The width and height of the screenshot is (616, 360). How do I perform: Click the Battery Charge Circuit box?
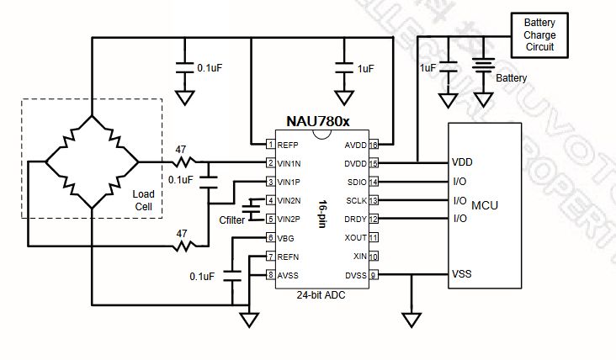pos(539,35)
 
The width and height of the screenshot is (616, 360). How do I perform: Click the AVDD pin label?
pos(354,144)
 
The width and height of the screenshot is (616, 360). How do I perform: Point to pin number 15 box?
pos(373,162)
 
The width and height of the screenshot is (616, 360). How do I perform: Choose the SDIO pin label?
pos(356,181)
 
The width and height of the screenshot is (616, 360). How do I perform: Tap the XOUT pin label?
pos(355,237)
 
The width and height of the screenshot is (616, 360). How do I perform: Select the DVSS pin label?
pos(355,274)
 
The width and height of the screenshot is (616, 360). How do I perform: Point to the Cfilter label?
pos(232,220)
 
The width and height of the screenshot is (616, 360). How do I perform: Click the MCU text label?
pos(508,205)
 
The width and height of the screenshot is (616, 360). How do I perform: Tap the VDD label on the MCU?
pos(462,162)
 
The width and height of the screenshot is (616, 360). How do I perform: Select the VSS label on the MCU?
pos(461,274)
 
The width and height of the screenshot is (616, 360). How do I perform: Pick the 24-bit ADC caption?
pos(320,296)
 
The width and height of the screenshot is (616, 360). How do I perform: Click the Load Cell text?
pos(144,200)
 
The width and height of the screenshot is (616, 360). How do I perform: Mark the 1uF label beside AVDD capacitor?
pos(365,67)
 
